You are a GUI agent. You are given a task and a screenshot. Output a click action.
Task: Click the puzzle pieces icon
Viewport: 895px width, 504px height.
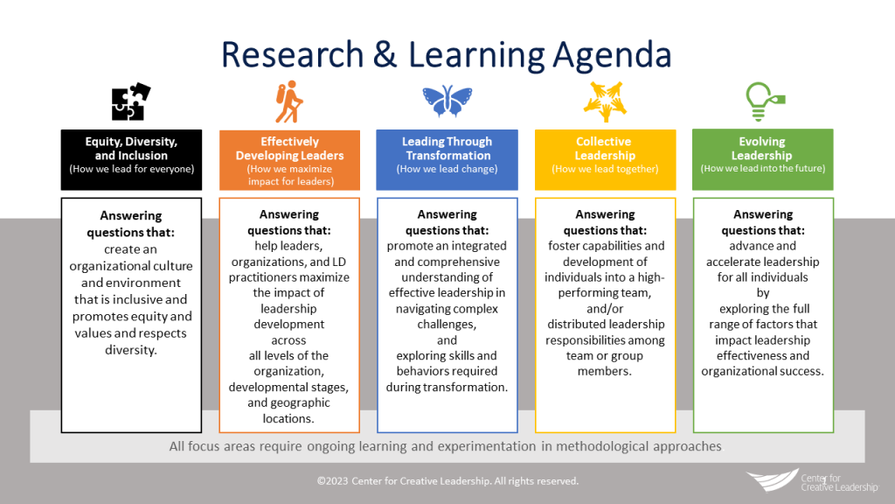[131, 102]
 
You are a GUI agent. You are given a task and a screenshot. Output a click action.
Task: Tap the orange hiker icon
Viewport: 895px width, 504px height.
[288, 102]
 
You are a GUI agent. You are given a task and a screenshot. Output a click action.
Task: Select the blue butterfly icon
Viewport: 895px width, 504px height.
[447, 102]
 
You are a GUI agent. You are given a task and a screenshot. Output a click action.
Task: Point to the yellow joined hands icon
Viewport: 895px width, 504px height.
[605, 102]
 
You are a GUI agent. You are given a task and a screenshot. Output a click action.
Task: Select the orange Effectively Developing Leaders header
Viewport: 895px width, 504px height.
[289, 159]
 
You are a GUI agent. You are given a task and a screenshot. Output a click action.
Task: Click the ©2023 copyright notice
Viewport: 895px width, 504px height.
[447, 481]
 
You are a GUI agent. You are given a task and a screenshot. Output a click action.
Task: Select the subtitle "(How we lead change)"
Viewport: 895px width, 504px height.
[447, 170]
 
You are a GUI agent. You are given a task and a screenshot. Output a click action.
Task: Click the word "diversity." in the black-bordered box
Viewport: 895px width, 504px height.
[132, 351]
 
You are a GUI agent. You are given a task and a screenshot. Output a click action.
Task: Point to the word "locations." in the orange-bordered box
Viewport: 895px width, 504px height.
[288, 418]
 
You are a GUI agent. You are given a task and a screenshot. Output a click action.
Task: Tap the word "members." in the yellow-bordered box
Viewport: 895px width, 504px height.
[605, 371]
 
